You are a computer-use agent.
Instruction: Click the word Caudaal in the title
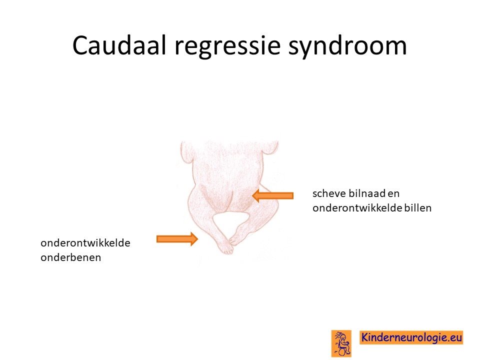tap(119, 45)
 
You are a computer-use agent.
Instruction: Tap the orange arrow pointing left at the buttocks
tap(273, 195)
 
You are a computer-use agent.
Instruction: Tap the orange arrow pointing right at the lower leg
tap(177, 239)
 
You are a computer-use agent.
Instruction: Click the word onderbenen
tap(70, 257)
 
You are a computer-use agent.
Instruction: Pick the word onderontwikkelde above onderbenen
tap(85, 243)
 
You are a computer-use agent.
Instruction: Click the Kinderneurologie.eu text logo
tap(411, 337)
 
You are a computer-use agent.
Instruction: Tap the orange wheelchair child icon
tap(341, 343)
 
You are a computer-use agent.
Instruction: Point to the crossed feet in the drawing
tap(228, 245)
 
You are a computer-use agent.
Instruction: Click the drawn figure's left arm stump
tap(186, 151)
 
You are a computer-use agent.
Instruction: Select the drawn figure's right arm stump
tap(270, 149)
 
